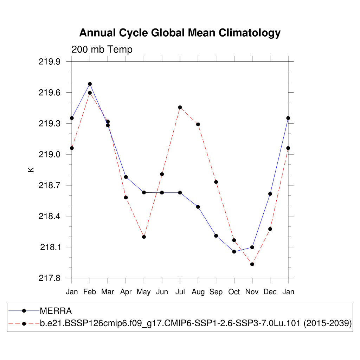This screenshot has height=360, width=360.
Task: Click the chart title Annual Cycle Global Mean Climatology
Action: [180, 33]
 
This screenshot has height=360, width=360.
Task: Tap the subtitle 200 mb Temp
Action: [102, 50]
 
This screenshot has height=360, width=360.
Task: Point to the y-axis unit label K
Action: [31, 169]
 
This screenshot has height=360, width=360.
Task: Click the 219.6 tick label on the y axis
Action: [51, 92]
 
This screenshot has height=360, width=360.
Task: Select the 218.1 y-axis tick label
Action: [51, 247]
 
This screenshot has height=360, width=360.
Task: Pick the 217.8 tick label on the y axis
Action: [51, 278]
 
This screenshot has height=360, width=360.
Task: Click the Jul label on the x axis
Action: [180, 292]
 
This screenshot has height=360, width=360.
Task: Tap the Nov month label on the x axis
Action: [252, 292]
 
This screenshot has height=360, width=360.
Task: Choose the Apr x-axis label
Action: [126, 292]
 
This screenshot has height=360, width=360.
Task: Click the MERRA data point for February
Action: [90, 84]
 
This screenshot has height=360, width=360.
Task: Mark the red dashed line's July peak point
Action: [180, 107]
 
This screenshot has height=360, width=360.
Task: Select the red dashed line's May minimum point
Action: [144, 237]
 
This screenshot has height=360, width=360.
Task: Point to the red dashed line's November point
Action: [252, 264]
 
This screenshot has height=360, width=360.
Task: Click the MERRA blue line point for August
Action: [198, 207]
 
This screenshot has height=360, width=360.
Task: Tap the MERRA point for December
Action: [270, 194]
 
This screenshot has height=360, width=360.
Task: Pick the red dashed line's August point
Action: [198, 124]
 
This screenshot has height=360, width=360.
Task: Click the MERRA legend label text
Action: [56, 311]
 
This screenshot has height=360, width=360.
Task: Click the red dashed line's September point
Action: [216, 182]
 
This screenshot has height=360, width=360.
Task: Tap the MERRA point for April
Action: [126, 177]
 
